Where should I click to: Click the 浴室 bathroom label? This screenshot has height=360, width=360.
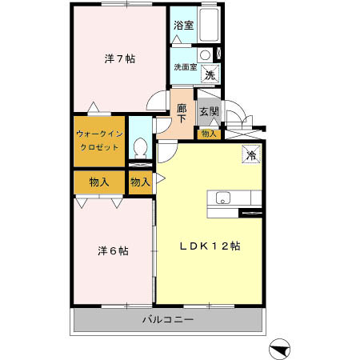pos(183,25)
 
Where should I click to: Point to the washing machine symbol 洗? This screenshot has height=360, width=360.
pos(210,74)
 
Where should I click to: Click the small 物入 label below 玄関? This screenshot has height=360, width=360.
pos(208,133)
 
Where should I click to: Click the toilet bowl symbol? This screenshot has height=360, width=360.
pos(140,148)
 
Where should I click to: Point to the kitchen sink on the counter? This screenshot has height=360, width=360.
pos(222,198)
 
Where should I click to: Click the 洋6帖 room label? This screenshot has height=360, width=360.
pos(113,250)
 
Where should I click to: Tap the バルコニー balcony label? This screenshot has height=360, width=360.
pos(168,320)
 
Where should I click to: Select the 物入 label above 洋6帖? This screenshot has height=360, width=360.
pos(99,182)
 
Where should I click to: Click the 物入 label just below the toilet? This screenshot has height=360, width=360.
pos(140,182)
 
